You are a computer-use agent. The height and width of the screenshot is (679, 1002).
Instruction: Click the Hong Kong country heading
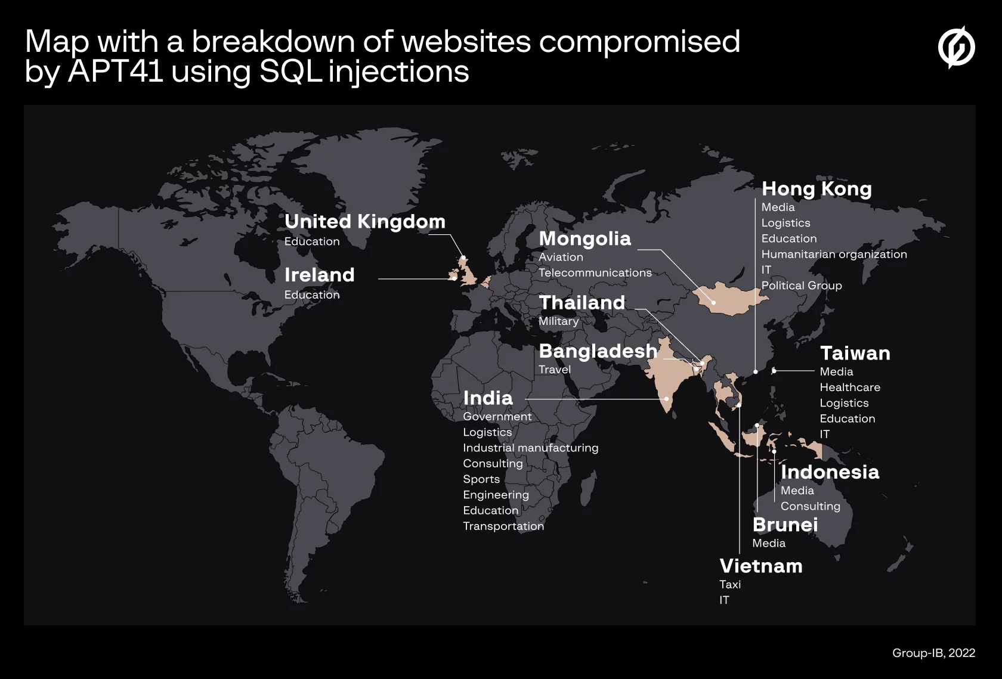coord(817,189)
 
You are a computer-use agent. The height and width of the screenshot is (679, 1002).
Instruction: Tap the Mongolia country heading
coord(584,239)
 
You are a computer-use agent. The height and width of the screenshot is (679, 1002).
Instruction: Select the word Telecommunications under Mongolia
coord(595,272)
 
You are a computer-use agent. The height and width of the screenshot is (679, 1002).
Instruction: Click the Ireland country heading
coord(319,275)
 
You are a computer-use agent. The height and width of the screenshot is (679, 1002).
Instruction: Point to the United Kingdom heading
coord(364,222)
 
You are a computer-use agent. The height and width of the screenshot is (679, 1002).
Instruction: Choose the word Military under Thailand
coord(558,321)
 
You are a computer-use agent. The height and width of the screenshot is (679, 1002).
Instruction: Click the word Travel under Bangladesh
coord(554,370)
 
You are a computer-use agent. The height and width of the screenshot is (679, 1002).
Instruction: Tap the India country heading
coord(487,398)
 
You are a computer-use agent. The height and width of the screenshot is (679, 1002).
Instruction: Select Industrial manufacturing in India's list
coord(530,448)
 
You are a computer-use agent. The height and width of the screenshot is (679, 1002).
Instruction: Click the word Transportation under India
coord(503,526)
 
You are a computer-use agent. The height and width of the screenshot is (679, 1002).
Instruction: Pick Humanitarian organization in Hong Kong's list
coord(834,254)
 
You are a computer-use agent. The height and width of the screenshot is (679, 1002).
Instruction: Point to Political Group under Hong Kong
coord(801,286)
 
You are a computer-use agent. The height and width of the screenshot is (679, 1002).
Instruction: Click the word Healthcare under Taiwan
coord(849,387)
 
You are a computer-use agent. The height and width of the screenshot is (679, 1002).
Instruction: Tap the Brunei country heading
coord(785,525)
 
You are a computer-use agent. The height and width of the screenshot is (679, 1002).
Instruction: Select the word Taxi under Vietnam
coord(729,584)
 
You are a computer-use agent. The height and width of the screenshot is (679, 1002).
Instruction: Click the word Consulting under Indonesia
coord(810,506)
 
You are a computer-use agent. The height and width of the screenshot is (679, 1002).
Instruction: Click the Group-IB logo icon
coord(956,47)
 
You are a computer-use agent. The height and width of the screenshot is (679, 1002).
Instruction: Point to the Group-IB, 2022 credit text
coord(933,653)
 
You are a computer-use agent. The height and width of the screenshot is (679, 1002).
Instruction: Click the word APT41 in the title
coord(116,72)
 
